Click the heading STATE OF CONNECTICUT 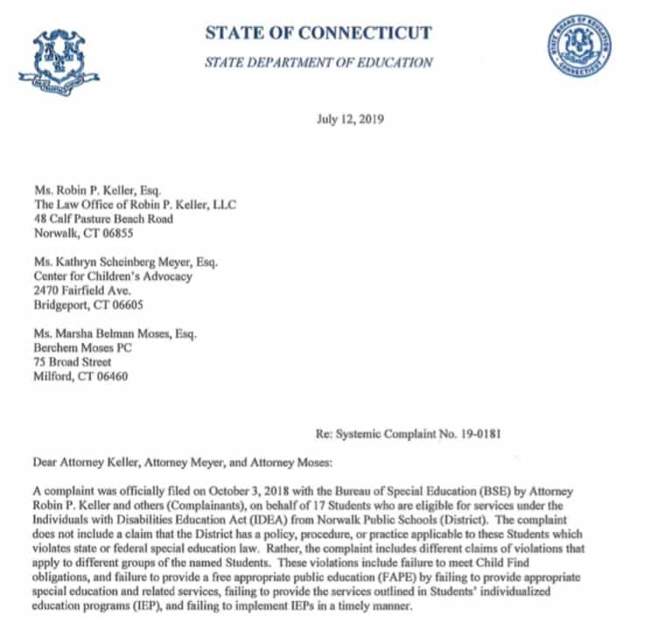[x=318, y=34]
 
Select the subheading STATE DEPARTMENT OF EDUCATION [x=318, y=62]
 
